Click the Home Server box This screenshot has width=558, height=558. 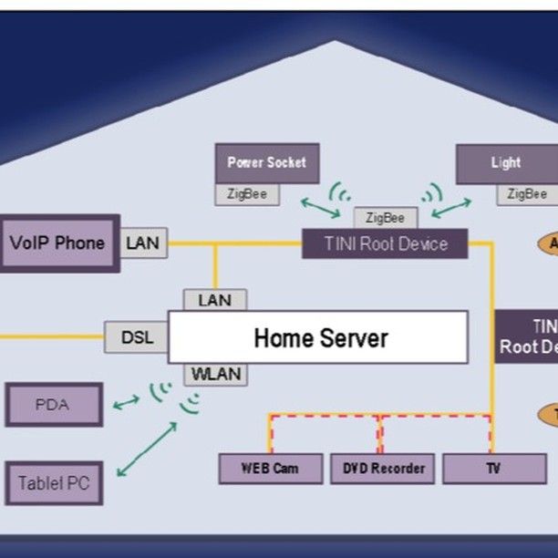[318, 337]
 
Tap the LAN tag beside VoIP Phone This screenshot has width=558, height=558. [143, 243]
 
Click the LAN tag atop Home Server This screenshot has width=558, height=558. [214, 299]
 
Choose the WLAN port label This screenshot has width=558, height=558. [214, 374]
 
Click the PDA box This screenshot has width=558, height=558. [53, 405]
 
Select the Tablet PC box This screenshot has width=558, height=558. [54, 483]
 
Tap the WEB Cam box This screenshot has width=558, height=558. [271, 469]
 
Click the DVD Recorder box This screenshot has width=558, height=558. [384, 469]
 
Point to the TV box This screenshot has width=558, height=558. [493, 469]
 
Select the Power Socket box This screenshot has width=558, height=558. [266, 163]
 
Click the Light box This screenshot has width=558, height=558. [506, 163]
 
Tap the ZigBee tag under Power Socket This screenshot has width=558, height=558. [247, 194]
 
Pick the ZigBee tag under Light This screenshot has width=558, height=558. [527, 194]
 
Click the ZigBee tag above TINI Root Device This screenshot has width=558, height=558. [385, 218]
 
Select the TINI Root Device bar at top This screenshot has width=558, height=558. [385, 243]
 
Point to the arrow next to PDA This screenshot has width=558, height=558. [126, 401]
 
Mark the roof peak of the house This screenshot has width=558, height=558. [336, 42]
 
